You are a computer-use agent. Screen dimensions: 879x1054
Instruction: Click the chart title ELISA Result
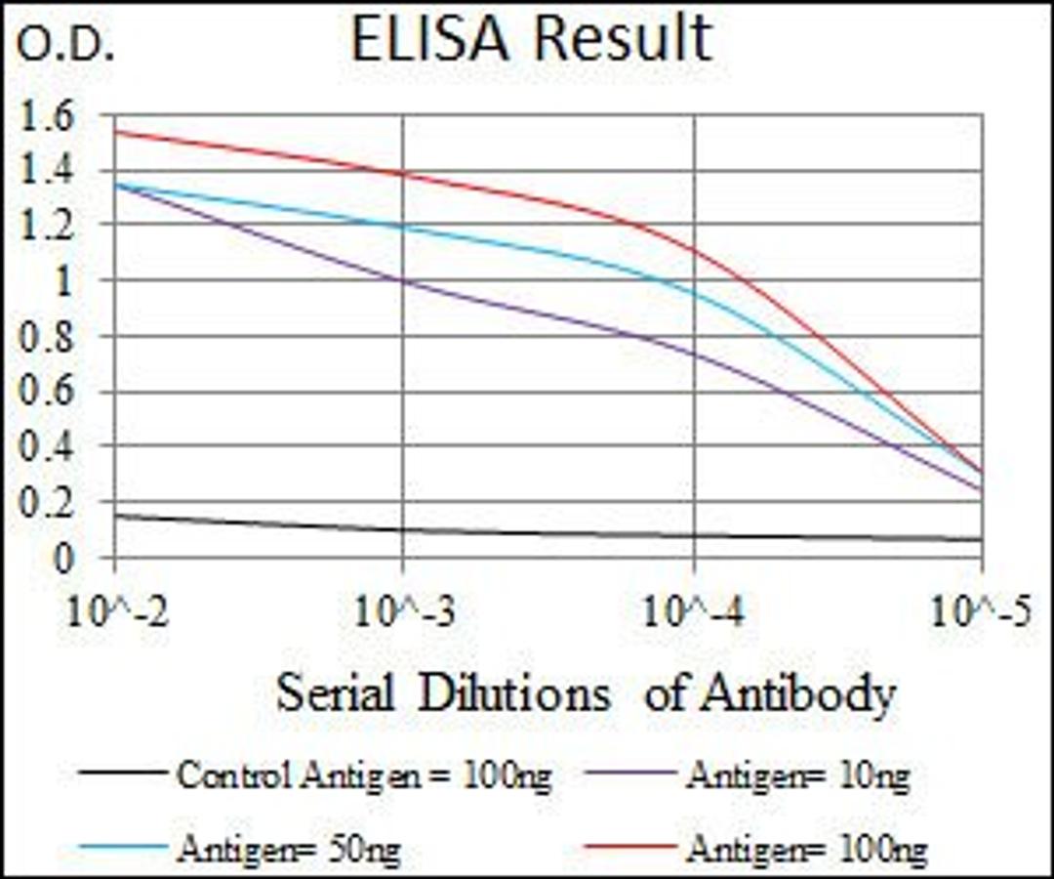click(x=531, y=39)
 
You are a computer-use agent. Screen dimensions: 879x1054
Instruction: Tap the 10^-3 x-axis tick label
click(x=403, y=613)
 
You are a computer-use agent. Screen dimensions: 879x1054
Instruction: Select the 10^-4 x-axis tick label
click(x=694, y=613)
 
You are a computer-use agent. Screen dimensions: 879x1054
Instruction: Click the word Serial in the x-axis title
click(x=335, y=695)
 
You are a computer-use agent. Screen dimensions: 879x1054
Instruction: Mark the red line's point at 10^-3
click(x=403, y=173)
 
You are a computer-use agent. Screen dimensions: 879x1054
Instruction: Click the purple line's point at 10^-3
click(x=403, y=280)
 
